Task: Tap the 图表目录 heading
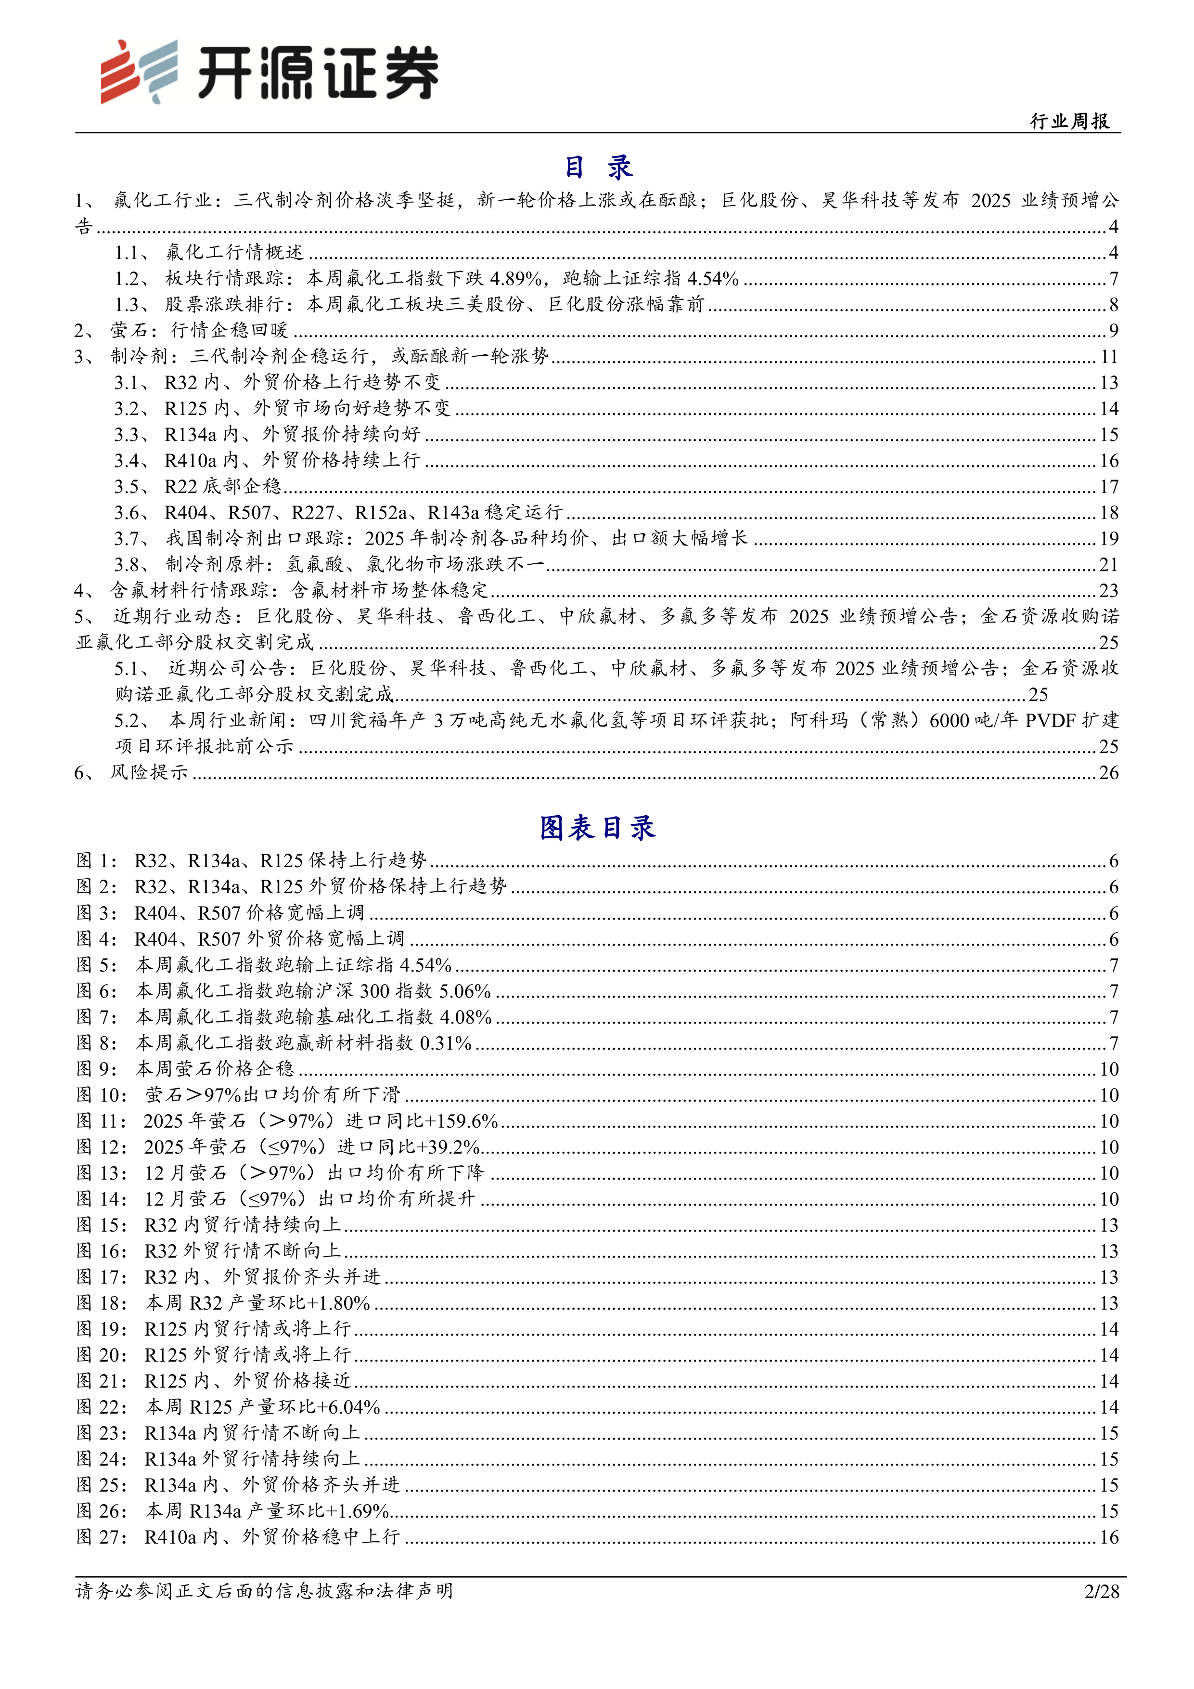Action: pyautogui.click(x=597, y=828)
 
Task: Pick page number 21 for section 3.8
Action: pyautogui.click(x=1109, y=565)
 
